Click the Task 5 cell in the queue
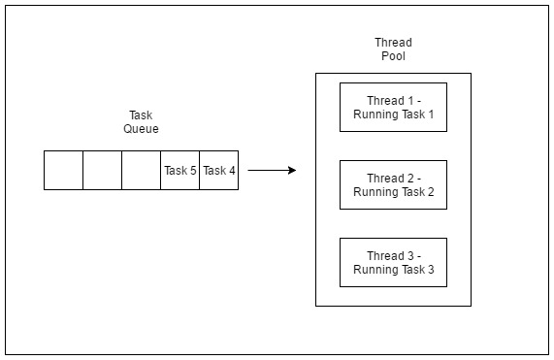179,171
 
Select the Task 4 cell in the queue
218,171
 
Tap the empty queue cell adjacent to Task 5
141,171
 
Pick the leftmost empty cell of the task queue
63,171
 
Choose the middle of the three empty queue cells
102,171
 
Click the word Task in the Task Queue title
141,115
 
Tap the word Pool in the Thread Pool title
393,56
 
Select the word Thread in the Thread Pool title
393,43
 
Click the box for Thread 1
393,107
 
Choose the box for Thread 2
393,184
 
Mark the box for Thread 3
393,262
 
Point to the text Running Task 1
393,115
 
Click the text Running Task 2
393,192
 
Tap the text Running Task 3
393,270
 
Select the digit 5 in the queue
192,171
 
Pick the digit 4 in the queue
231,171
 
